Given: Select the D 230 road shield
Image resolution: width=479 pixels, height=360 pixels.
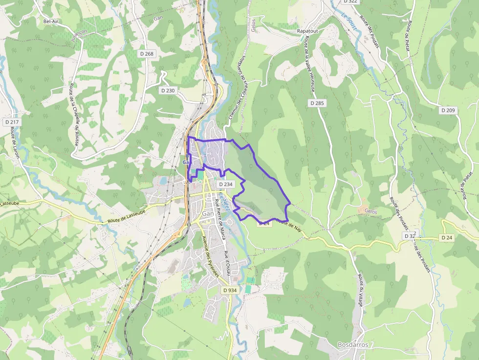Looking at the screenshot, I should tap(168, 90).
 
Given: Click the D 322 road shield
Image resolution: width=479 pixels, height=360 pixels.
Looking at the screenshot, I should tap(350, 1).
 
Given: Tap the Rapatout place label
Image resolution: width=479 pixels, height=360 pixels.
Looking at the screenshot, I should tap(307, 31).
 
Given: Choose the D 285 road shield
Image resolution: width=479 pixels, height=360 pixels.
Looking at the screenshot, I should tap(317, 103).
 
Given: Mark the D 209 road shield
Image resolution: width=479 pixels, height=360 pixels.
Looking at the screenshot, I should tap(448, 110).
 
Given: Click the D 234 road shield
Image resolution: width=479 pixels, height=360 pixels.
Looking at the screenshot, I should tap(225, 184).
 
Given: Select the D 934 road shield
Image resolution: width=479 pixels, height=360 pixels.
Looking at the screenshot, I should tap(230, 290).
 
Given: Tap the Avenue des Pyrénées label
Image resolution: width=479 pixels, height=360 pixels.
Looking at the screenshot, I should tap(210, 256).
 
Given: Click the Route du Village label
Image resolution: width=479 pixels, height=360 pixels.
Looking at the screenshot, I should tap(361, 290).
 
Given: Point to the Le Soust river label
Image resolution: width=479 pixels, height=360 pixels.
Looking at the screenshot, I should tap(348, 24).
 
